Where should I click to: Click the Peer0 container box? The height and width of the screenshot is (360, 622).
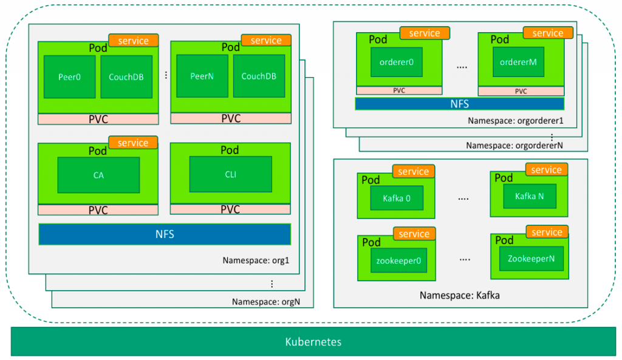[x=69, y=76]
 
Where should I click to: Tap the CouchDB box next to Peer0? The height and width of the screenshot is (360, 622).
[x=126, y=76]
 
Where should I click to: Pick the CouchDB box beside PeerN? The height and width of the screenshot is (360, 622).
[x=259, y=76]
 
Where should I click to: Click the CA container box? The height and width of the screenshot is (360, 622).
[x=98, y=175]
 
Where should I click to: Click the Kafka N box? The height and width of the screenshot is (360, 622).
[x=529, y=196]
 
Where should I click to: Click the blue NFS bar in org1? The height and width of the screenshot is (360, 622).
[x=165, y=234]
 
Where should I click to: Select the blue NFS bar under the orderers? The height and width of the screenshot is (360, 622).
[x=459, y=104]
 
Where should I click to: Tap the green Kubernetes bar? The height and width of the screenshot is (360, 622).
[x=313, y=342]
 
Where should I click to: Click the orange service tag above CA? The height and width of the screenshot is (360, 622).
[x=133, y=143]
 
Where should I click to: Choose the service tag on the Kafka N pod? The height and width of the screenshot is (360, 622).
[x=546, y=171]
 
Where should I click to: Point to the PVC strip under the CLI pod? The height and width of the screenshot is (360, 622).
[x=230, y=209]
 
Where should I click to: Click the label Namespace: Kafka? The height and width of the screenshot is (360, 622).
[x=460, y=296]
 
